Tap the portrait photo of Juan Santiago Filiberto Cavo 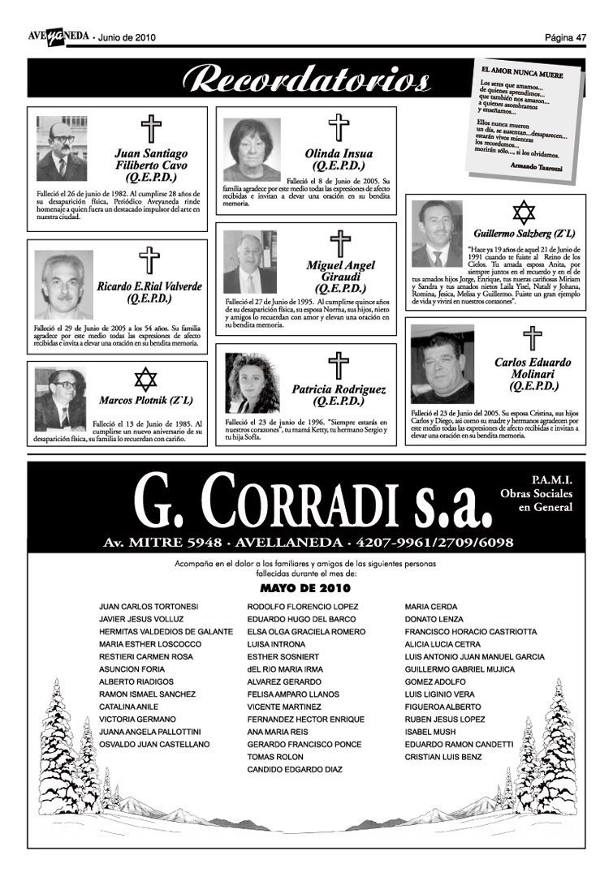(62, 149)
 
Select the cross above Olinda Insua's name (338, 129)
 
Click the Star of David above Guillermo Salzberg (524, 213)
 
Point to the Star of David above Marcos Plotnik (145, 380)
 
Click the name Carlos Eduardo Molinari (532, 369)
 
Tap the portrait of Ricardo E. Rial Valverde (63, 284)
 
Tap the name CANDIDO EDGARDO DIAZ (295, 769)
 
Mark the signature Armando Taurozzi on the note (542, 165)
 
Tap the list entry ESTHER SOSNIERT (283, 656)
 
